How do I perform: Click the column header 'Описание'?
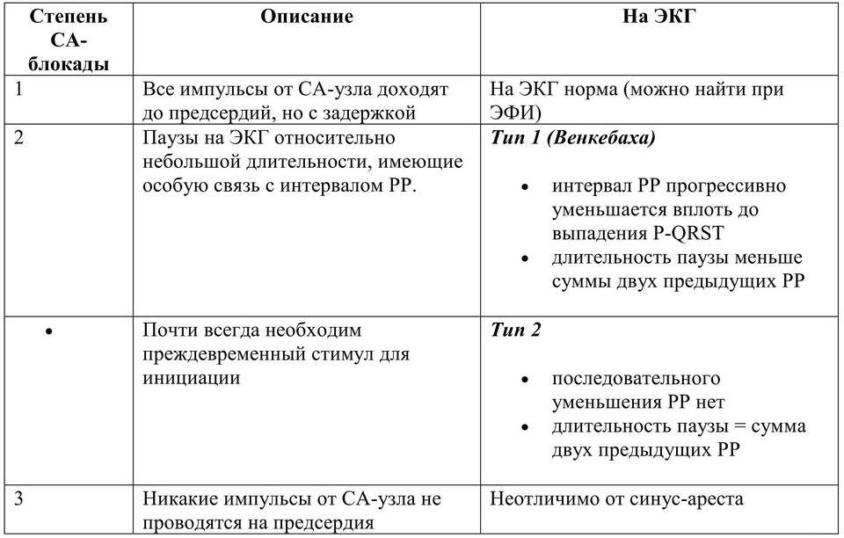click(x=307, y=18)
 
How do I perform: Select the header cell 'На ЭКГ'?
click(x=658, y=18)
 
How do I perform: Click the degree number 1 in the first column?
click(x=20, y=89)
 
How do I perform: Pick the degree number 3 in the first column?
click(x=20, y=499)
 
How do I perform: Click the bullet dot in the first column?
click(x=49, y=331)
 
